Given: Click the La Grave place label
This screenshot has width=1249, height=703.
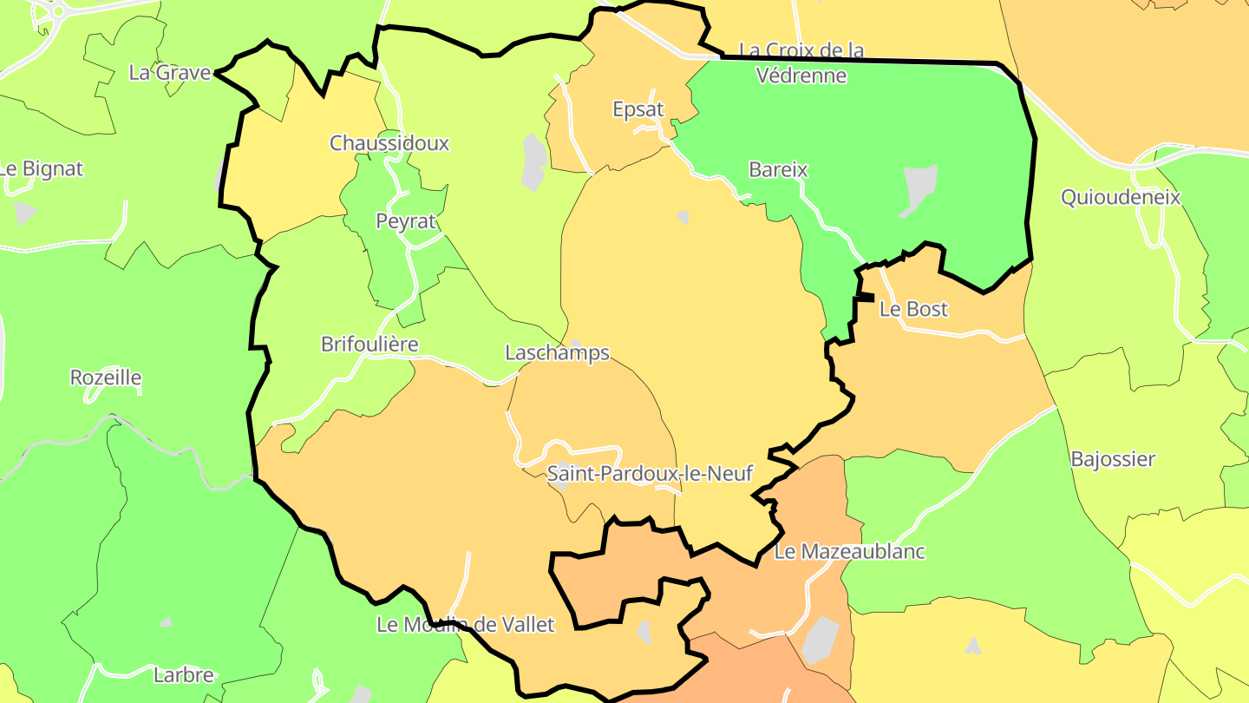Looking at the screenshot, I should (170, 72).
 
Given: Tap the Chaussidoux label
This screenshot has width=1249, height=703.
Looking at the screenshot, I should (389, 142).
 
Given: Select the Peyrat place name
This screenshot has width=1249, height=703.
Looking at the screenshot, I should (405, 220).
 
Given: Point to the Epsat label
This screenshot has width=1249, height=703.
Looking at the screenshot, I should (638, 109).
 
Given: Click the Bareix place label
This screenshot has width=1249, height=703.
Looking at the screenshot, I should (778, 169).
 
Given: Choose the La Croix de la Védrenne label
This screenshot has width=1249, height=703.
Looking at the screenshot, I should (801, 62).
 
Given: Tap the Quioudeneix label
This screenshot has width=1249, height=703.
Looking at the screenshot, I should (1121, 197).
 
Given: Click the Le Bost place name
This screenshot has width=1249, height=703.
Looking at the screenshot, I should (914, 309).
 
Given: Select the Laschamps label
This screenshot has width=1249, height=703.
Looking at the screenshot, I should (558, 352).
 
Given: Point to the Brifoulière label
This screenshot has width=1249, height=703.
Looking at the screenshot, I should (369, 344).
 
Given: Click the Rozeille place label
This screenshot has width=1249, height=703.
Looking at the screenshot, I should (106, 378).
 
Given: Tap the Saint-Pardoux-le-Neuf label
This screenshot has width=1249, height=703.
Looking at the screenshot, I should (650, 473).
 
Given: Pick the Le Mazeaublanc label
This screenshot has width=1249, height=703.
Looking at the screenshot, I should (849, 551).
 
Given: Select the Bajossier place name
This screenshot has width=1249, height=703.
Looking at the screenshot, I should (1113, 458).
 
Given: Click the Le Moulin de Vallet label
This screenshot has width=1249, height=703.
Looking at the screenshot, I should (465, 624).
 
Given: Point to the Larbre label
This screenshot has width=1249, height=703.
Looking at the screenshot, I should (183, 674).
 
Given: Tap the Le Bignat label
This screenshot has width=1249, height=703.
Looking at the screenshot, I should (41, 168).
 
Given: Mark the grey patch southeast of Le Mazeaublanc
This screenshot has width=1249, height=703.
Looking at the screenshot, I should (820, 640).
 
